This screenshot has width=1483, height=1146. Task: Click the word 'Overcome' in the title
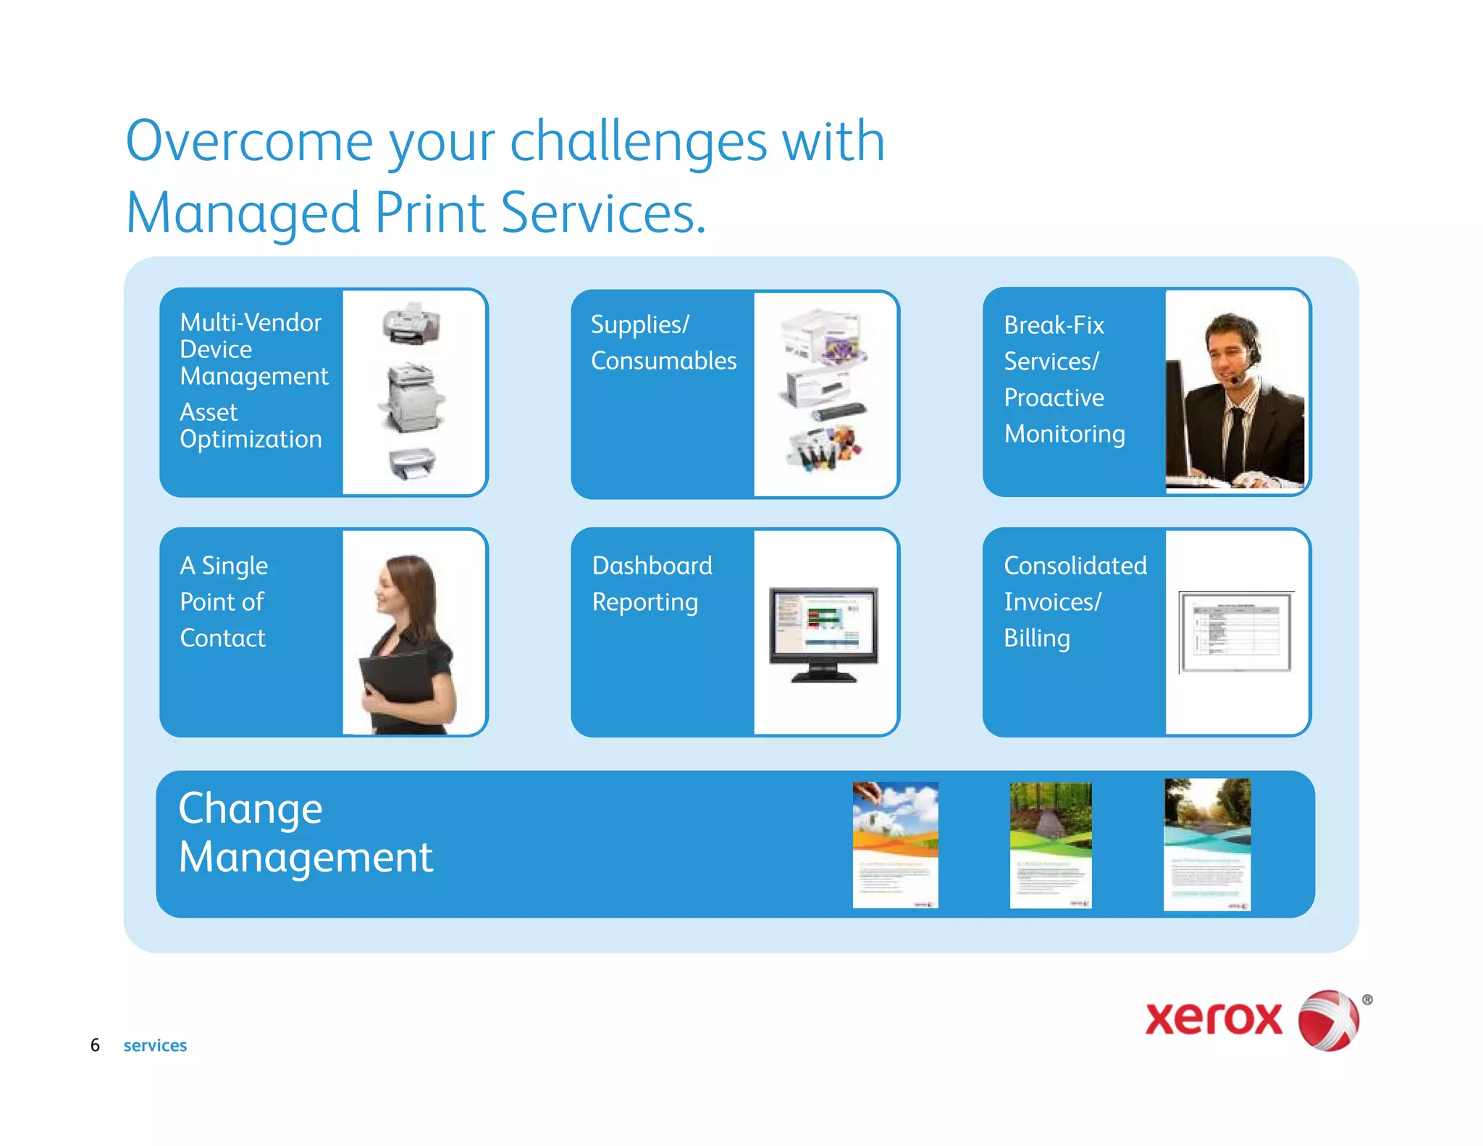[248, 141]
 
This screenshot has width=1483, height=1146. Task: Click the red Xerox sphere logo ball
[1328, 1020]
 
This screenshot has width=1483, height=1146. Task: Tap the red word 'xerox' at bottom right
[1213, 1019]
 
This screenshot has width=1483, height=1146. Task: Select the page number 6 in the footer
[95, 1045]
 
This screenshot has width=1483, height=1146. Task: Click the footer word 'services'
[155, 1045]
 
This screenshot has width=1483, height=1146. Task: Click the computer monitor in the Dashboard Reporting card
[823, 630]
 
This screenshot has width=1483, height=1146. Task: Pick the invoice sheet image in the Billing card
[1235, 631]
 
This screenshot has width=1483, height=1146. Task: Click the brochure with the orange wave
[895, 845]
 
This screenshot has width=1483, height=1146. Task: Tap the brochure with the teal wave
[1206, 845]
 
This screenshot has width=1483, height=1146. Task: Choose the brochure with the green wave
[1050, 845]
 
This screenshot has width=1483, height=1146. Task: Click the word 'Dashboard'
[652, 566]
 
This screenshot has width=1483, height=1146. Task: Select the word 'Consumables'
[663, 361]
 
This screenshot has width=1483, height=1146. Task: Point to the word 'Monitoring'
[1064, 434]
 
